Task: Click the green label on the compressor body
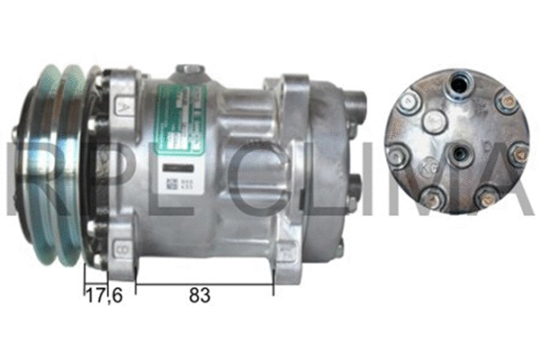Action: coord(180,117)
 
